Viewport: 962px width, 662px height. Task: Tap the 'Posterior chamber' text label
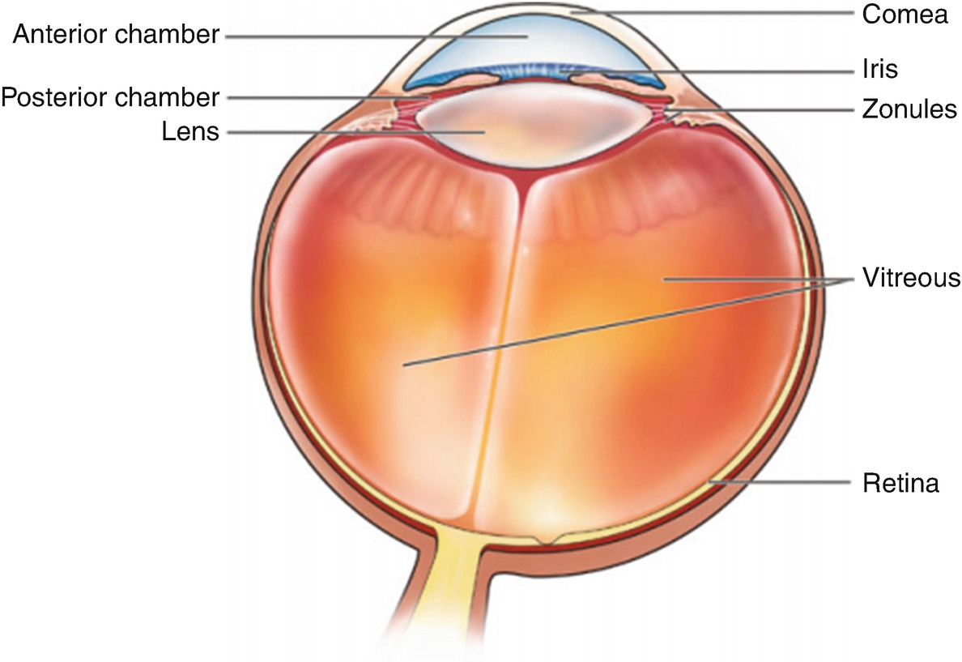pos(110,97)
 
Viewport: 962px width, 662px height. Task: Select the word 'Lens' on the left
pos(191,131)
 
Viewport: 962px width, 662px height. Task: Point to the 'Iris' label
pos(879,70)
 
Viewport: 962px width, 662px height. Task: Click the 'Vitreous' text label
pos(911,279)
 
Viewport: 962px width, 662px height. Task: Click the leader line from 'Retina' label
pos(777,483)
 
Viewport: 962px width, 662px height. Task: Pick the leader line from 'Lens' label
pos(348,131)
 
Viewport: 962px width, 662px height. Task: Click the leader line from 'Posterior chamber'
pos(324,97)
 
